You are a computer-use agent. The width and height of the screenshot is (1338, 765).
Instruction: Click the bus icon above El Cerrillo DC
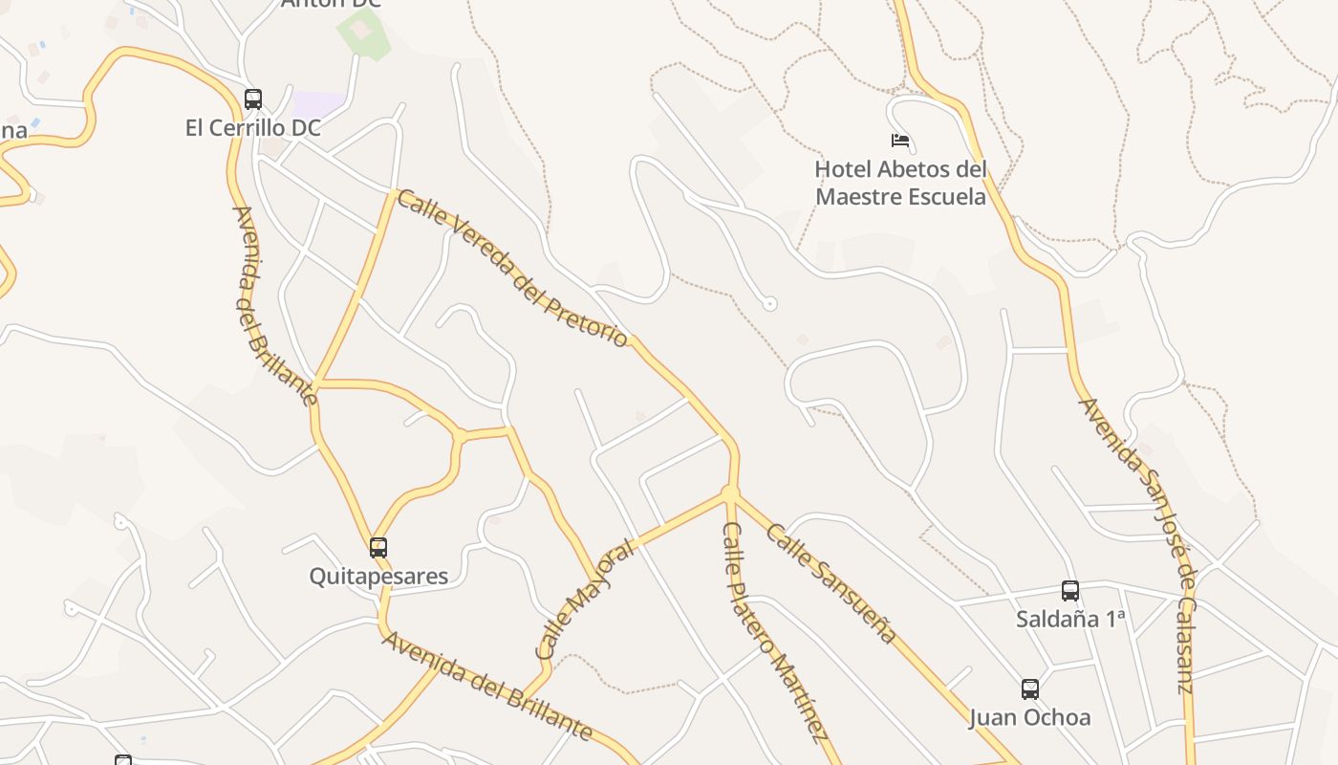(253, 98)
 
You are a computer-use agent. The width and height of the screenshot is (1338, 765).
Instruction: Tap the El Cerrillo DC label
(253, 127)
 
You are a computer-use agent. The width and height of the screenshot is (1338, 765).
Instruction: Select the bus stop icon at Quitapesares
(378, 547)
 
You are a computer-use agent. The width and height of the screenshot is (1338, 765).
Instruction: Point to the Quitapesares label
(378, 576)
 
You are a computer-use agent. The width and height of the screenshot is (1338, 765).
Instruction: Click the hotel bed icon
(900, 141)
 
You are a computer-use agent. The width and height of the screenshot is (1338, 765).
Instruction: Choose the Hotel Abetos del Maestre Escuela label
(900, 183)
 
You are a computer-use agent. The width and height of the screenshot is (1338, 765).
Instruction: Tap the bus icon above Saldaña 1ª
(1070, 590)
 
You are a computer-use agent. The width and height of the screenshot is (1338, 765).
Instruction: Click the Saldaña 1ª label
(1070, 619)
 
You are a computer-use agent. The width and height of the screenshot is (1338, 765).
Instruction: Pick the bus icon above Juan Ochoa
(1029, 688)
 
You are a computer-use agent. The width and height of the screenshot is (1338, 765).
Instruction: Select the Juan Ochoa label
(1029, 717)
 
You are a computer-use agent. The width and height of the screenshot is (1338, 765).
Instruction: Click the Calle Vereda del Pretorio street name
(512, 269)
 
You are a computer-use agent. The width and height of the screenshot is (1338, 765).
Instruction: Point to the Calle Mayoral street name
(584, 600)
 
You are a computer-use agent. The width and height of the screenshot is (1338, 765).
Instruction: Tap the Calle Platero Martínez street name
(773, 632)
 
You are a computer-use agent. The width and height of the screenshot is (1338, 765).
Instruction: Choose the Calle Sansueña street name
(831, 582)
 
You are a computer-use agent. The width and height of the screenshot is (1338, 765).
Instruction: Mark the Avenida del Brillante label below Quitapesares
(487, 685)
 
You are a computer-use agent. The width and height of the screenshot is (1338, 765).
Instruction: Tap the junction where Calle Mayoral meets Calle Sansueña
(730, 493)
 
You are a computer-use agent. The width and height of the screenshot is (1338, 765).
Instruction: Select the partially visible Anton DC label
(331, 4)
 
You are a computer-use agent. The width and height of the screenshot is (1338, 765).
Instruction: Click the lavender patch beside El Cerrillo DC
(317, 103)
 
